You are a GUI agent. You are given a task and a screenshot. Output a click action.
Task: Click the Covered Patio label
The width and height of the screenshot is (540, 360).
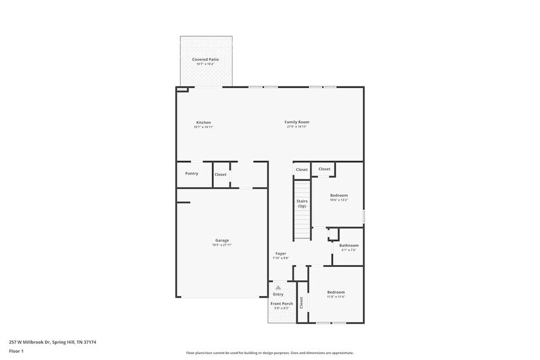click(205, 59)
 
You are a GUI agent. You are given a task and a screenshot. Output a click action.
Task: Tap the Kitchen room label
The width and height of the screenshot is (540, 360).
click(203, 122)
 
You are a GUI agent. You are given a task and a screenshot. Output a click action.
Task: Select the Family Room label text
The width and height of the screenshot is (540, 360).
click(296, 122)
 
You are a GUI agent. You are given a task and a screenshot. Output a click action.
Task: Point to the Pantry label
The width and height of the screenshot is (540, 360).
click(192, 173)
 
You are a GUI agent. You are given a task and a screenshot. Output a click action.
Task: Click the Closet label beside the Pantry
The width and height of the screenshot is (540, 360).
click(220, 174)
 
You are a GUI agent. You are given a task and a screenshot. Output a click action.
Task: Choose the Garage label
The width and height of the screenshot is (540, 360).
click(222, 240)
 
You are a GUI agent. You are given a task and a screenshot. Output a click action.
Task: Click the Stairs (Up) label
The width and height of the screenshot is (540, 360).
click(302, 203)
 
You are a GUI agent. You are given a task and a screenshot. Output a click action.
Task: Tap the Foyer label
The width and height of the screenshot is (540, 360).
click(280, 253)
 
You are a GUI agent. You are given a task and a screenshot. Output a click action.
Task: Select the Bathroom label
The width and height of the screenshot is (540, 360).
click(348, 246)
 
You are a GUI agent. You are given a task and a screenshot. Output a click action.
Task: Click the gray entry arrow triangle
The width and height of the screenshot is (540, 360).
click(278, 287)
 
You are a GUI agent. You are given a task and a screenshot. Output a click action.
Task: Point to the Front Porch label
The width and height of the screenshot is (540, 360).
click(282, 304)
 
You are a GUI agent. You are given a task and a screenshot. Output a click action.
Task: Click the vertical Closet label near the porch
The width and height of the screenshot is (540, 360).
click(301, 302)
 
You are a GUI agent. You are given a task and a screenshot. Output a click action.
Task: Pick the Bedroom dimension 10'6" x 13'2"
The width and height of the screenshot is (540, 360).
click(339, 200)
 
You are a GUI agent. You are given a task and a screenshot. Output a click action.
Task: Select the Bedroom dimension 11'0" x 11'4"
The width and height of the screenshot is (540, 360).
click(336, 297)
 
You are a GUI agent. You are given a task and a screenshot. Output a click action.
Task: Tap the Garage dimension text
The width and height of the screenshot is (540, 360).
click(222, 245)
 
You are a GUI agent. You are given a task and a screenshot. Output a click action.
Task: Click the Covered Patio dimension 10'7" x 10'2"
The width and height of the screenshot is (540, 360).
click(205, 64)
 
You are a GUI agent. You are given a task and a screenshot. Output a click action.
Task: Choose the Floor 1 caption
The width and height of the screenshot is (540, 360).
click(16, 351)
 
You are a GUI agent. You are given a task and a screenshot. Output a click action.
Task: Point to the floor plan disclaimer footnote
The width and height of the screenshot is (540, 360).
click(269, 353)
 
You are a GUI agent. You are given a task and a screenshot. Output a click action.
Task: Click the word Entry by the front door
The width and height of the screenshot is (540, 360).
click(278, 294)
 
